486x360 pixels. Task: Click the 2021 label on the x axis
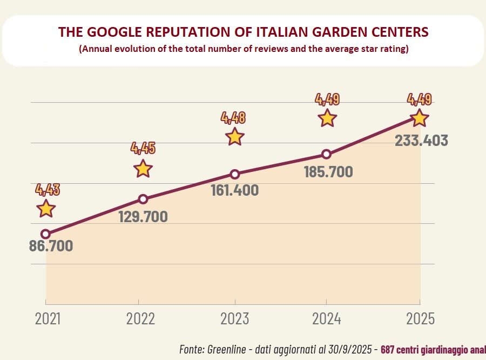48,318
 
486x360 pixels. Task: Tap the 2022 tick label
140,318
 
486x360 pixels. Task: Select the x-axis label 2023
235,318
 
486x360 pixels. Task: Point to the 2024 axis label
327,318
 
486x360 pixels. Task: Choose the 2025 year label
420,318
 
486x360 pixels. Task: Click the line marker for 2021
46,234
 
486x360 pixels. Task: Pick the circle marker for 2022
143,199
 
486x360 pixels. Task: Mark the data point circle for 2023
235,174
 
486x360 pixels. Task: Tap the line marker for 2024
326,155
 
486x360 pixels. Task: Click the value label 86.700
51,246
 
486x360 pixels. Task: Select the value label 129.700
143,217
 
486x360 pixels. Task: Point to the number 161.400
234,190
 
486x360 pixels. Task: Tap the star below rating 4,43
46,208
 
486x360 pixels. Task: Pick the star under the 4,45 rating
143,168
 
